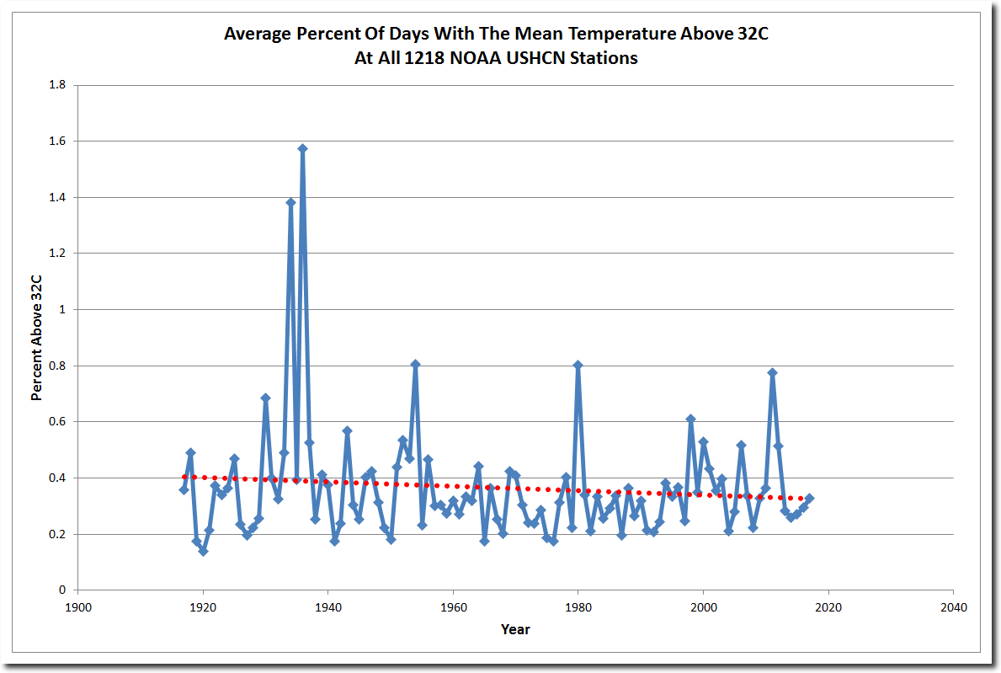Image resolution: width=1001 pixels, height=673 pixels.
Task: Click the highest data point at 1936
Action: tap(302, 149)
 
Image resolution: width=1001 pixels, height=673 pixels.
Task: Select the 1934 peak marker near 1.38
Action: tap(290, 202)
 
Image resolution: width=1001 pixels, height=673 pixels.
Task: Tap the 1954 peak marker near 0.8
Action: tap(415, 365)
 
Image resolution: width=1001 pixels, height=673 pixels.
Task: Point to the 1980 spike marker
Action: tap(578, 366)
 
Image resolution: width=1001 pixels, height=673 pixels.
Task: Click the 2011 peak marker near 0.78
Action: tap(772, 372)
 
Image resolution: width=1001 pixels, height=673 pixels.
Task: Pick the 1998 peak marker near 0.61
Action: tap(690, 419)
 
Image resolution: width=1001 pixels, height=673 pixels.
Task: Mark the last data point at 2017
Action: tap(810, 498)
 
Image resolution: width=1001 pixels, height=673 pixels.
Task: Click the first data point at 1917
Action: tap(184, 489)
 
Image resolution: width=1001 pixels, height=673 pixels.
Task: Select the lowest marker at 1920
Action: tap(203, 551)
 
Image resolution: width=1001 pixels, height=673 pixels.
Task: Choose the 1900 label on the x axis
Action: tap(77, 606)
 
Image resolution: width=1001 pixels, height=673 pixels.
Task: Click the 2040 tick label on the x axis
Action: tap(953, 606)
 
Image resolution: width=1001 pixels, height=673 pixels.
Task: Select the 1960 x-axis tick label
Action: tap(453, 606)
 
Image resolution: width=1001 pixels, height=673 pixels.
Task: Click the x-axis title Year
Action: tap(515, 629)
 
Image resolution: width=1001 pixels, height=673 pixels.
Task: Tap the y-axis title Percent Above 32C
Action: tap(36, 338)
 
